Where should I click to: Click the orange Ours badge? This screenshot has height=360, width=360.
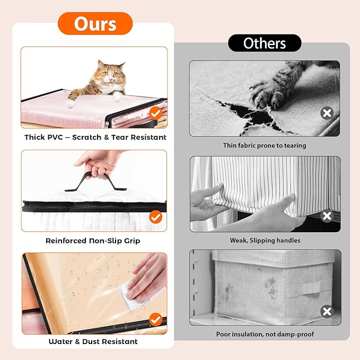click(95, 24)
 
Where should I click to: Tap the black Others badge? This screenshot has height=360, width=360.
click(265, 43)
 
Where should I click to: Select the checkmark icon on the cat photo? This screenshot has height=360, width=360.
click(156, 113)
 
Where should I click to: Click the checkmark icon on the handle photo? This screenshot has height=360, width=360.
click(156, 217)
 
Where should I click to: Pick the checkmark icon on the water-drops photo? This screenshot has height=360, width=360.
click(156, 319)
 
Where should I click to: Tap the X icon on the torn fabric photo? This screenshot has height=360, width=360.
click(327, 113)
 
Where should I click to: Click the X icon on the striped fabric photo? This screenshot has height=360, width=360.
click(327, 216)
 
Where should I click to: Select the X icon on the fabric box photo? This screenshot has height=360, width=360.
click(327, 312)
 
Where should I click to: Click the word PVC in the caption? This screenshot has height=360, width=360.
click(55, 137)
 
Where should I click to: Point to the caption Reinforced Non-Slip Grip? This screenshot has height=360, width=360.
click(93, 241)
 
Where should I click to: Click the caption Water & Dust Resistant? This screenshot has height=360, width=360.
click(93, 341)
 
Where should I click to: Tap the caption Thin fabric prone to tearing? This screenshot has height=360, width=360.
click(265, 146)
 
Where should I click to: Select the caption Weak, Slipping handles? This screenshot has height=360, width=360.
click(265, 240)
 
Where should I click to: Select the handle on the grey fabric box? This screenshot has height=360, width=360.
click(304, 289)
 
